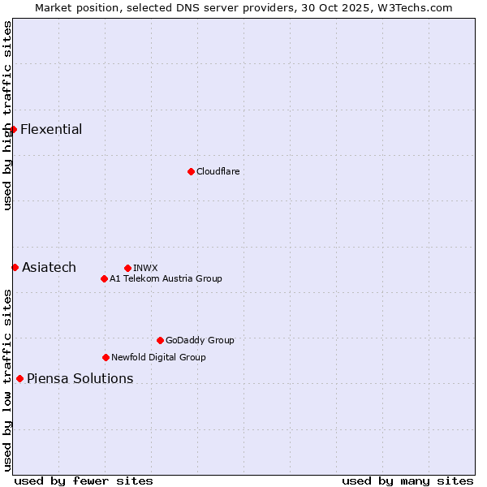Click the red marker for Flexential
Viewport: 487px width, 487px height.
coord(13,129)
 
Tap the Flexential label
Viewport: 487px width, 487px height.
coord(51,130)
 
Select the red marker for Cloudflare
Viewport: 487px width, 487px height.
coord(191,171)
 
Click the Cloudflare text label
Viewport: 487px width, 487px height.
coord(218,171)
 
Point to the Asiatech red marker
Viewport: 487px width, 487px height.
coord(15,267)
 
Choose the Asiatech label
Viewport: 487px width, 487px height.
coord(49,268)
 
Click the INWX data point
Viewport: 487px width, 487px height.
coord(127,268)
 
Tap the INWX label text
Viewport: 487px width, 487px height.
coord(145,268)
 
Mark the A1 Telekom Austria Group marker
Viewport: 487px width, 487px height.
coord(104,278)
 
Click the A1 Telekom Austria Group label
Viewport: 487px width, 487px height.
coord(166,278)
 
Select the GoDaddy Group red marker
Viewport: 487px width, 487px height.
coord(160,340)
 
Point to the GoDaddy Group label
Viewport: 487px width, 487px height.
coord(200,340)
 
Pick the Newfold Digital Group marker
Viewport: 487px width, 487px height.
coord(106,357)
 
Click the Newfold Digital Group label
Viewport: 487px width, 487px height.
coord(158,357)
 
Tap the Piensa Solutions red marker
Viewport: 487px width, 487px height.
coord(19,378)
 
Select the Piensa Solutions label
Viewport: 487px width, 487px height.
coord(80,379)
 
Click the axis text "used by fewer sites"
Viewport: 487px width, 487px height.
coord(84,481)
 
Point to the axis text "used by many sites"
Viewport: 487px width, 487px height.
coord(407,481)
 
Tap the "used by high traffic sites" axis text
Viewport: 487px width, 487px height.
coord(7,115)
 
